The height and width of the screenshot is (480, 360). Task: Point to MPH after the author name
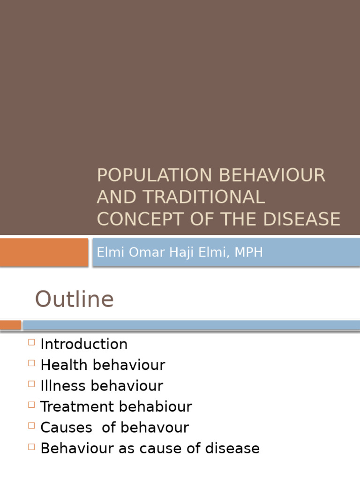pyautogui.click(x=248, y=252)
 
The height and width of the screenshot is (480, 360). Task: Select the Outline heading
pyautogui.click(x=74, y=299)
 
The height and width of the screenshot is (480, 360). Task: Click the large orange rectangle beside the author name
pyautogui.click(x=44, y=252)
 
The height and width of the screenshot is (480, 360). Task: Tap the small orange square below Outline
pyautogui.click(x=10, y=325)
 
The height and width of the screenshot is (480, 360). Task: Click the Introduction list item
pyautogui.click(x=84, y=344)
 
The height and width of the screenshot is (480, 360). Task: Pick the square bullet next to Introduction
pyautogui.click(x=31, y=342)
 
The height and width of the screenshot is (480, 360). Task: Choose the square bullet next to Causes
pyautogui.click(x=31, y=426)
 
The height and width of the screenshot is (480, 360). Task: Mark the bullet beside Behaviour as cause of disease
pyautogui.click(x=31, y=447)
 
